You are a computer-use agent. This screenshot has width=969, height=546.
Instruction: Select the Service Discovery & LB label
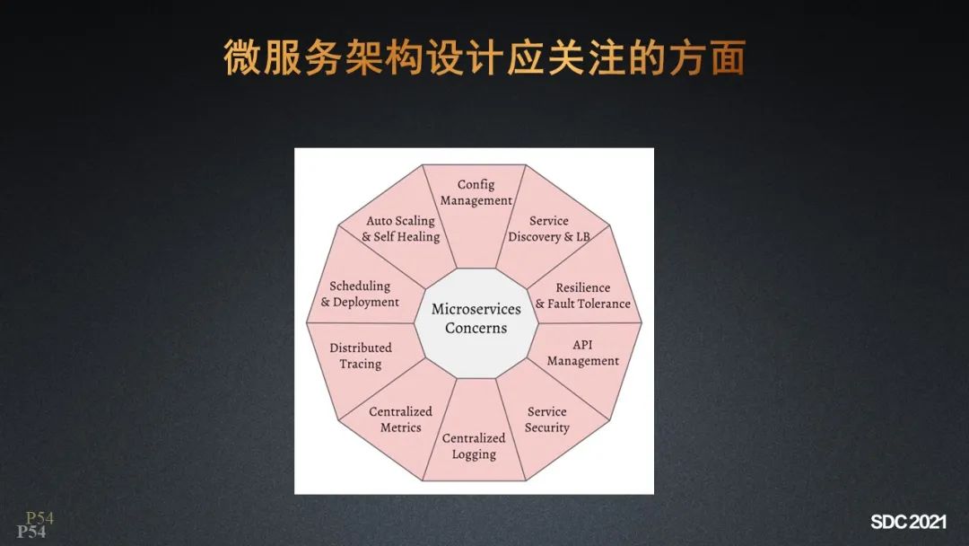click(548, 229)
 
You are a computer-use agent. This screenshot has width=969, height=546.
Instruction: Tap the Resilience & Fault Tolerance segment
click(582, 295)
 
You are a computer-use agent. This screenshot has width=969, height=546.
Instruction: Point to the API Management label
click(582, 353)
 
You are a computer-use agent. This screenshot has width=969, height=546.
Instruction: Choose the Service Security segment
click(547, 419)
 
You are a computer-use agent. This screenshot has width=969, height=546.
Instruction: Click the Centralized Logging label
click(474, 446)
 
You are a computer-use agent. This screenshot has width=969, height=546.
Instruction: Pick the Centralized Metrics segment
click(400, 419)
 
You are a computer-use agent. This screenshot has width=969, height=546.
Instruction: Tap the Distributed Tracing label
click(361, 356)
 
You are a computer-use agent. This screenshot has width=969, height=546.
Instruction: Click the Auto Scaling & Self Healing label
click(400, 229)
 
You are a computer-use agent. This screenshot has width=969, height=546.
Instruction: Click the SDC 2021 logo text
click(908, 522)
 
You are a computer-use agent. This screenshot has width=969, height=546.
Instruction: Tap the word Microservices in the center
click(476, 309)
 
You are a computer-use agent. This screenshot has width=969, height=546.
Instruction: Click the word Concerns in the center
click(476, 329)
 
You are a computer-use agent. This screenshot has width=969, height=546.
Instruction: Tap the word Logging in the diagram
click(474, 454)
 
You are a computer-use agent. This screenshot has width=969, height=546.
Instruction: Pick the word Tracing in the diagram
click(361, 364)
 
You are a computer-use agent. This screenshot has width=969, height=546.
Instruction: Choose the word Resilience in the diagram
click(582, 287)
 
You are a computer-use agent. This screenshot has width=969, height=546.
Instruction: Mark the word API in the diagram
click(582, 345)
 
